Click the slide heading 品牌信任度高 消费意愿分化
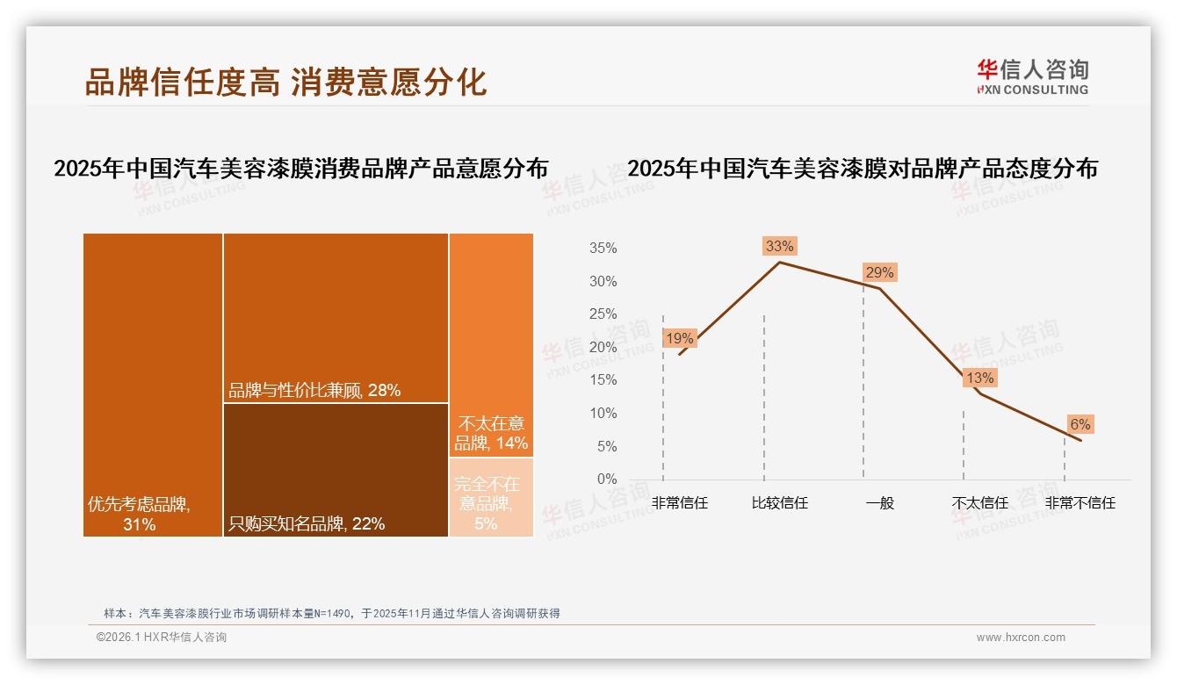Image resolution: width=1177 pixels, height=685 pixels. pos(285,82)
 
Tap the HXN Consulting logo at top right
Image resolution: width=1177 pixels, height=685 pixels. pos(1032,77)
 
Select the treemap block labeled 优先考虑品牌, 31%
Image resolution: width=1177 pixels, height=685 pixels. pos(153,384)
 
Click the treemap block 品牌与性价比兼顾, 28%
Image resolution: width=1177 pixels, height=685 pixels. pos(336,317)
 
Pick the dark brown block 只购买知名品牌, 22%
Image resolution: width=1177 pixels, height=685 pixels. pos(336,470)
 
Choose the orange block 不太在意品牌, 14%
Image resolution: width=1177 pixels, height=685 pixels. pos(491,344)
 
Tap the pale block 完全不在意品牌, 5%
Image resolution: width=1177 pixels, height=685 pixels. pos(491,497)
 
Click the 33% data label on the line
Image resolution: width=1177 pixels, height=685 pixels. pos(779,247)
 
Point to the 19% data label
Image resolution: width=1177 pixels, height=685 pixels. pos(679,339)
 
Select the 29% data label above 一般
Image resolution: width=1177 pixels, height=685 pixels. pos(879,273)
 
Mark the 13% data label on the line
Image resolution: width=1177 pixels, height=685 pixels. pos(979,379)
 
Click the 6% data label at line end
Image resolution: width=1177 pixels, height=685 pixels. pos(1080,425)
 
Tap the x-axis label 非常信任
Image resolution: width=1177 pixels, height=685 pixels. pos(679,503)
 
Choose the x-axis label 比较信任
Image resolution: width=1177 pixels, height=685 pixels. pos(779,503)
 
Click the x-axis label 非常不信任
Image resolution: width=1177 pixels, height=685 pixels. pos(1080,503)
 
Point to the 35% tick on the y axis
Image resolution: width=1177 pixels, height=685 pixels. pos(603,249)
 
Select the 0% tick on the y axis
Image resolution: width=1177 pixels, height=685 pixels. pos(606,479)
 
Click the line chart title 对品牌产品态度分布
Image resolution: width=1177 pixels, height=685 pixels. pos(863,169)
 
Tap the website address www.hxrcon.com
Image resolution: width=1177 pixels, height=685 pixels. pos(1021,638)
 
